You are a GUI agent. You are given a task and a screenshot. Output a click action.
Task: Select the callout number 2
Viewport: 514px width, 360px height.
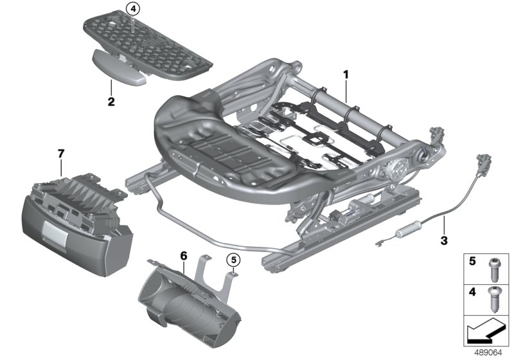(x=111, y=101)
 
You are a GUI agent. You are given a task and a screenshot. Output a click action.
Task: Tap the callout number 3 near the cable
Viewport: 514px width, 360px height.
(x=444, y=241)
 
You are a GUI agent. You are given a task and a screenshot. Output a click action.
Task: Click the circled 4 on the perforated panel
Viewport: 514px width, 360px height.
(x=132, y=10)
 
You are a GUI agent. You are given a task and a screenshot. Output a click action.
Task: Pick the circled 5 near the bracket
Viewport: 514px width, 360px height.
(x=233, y=260)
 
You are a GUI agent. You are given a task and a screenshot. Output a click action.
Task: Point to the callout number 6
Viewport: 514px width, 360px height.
(x=183, y=256)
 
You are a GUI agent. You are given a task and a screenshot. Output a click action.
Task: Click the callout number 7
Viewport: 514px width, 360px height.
(x=61, y=153)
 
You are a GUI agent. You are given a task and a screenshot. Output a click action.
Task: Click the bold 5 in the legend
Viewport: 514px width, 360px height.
(x=472, y=262)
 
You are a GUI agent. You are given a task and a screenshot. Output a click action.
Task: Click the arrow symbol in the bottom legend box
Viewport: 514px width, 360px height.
(x=484, y=333)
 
